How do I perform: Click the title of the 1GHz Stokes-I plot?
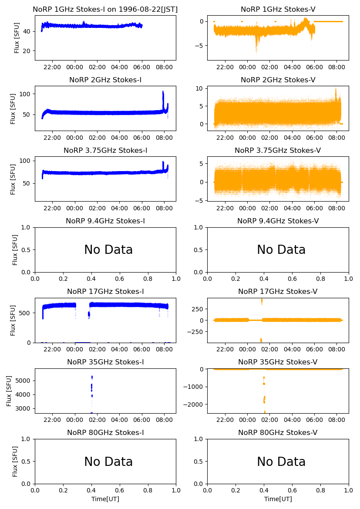point(105,9)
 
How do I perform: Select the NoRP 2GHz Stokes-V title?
point(278,80)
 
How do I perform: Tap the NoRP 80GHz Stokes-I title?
point(105,432)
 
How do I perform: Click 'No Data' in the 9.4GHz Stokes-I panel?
point(108,250)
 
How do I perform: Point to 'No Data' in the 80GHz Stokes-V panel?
point(281,462)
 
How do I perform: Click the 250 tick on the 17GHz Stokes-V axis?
point(197,309)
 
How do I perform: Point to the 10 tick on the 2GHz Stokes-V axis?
point(199,88)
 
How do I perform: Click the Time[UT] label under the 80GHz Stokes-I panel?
point(105,499)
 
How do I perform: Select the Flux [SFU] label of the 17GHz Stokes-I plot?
point(13,320)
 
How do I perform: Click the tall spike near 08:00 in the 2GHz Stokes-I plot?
point(163,94)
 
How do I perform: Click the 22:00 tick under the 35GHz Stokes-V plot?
point(225,420)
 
